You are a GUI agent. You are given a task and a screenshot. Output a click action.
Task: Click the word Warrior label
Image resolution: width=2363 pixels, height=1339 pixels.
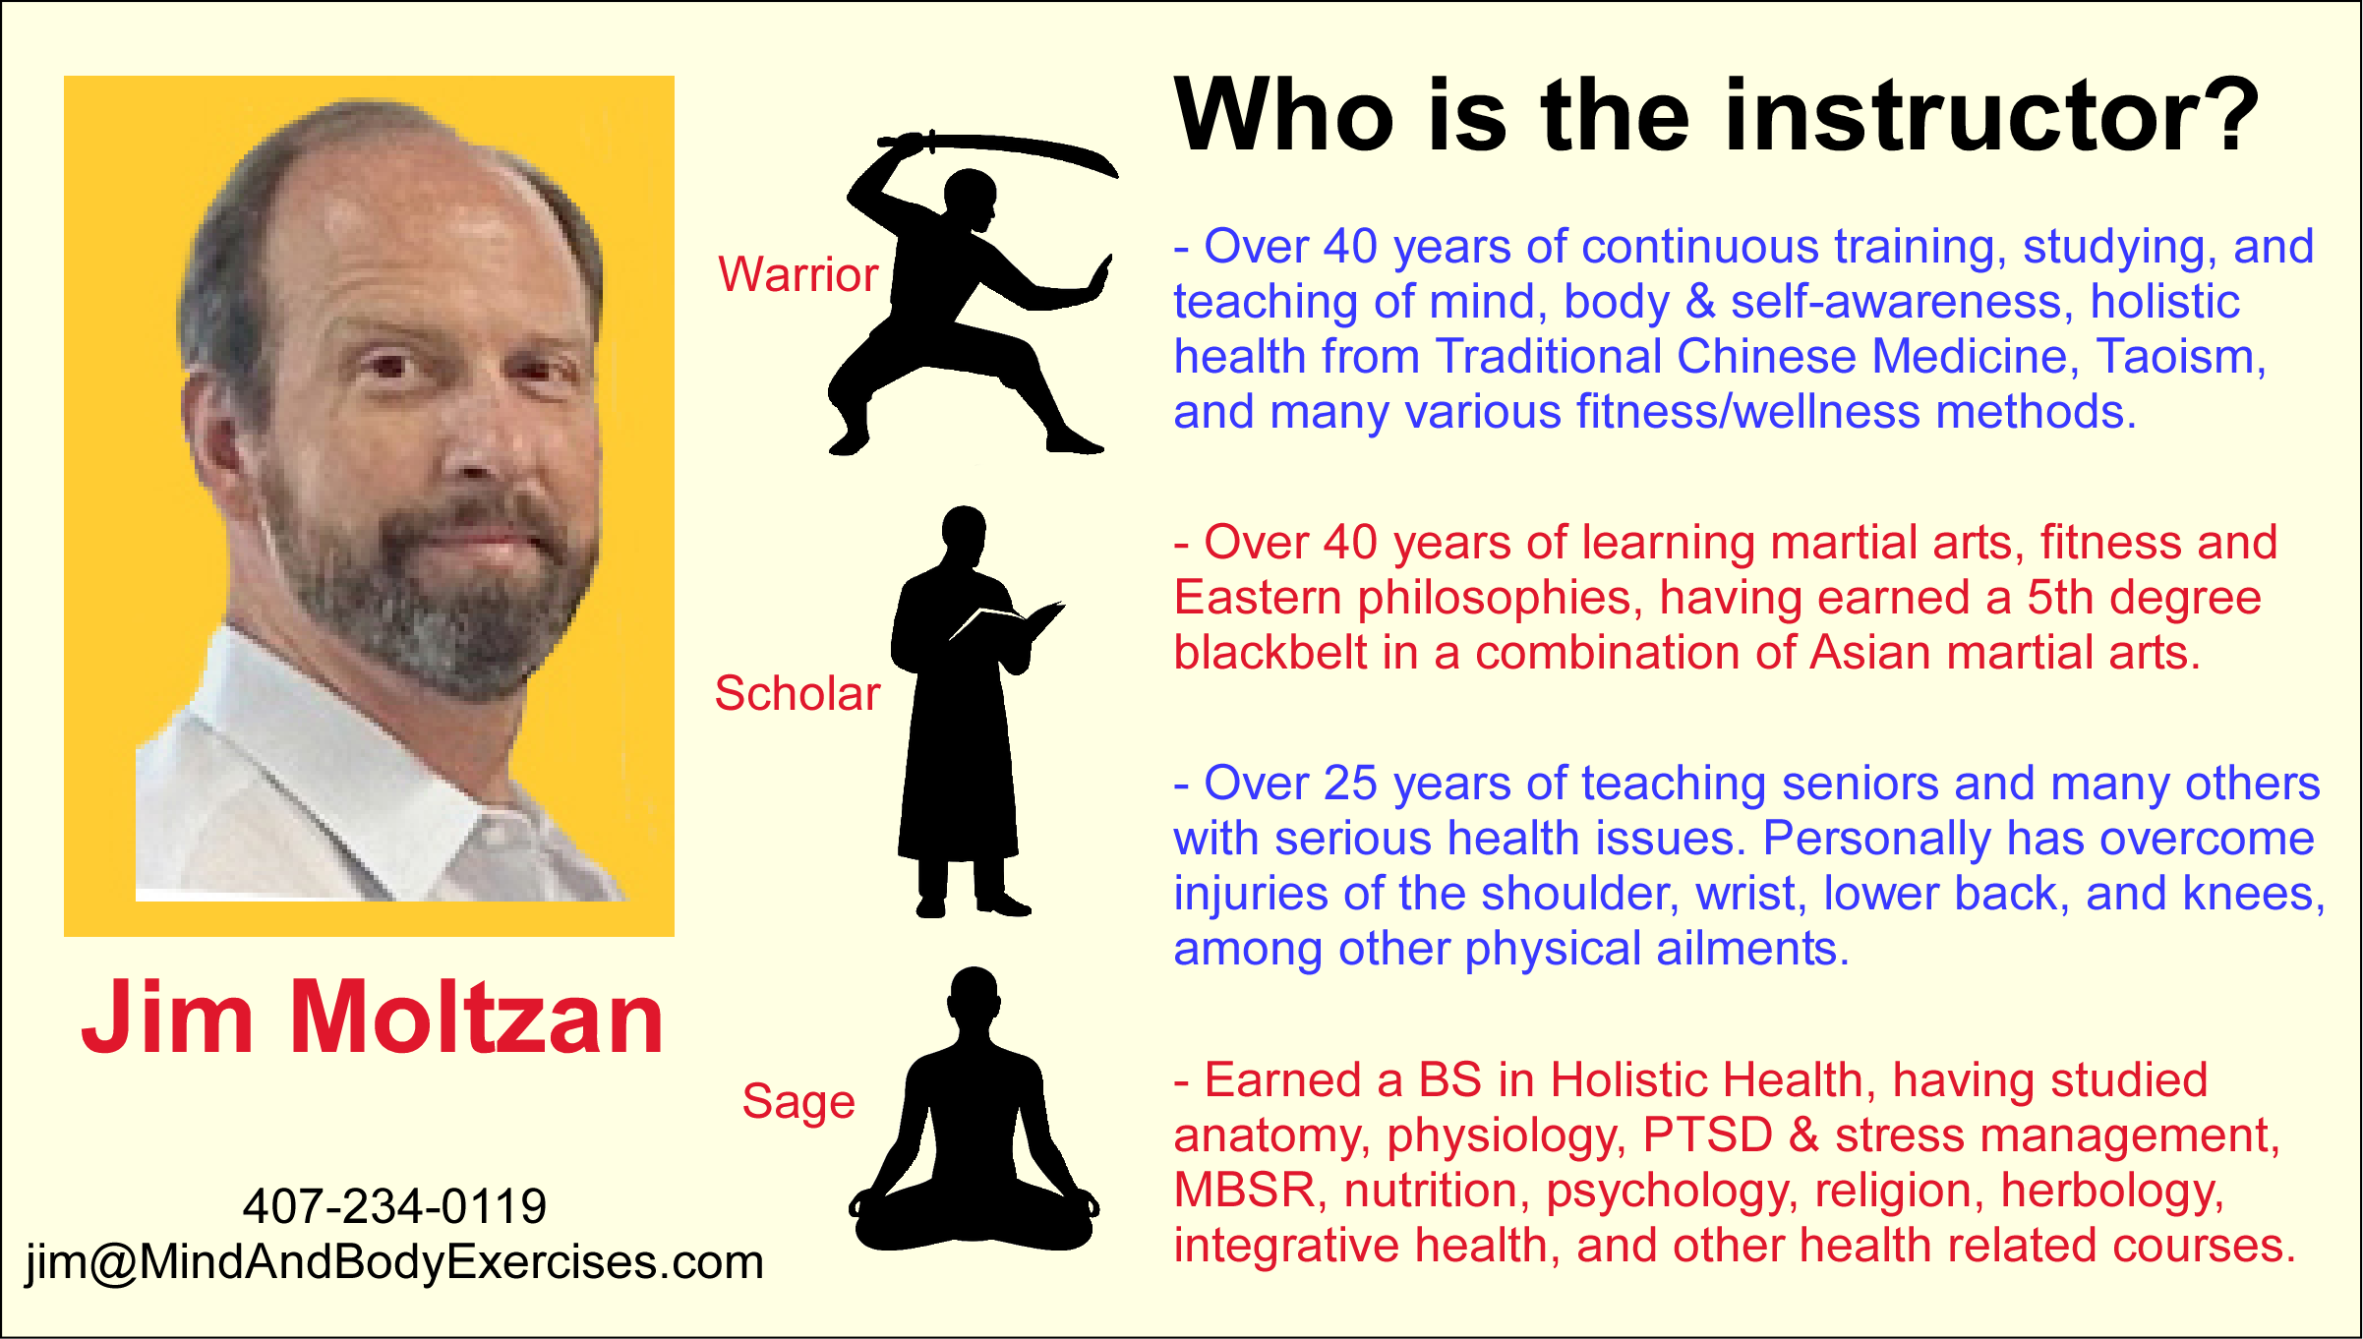point(798,274)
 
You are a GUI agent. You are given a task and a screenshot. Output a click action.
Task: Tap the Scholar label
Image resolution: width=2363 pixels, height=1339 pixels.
point(797,693)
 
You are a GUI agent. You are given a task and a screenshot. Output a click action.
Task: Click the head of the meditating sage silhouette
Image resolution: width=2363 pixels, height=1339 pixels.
point(974,995)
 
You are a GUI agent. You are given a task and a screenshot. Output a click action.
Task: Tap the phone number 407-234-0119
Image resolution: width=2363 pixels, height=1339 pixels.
point(394,1205)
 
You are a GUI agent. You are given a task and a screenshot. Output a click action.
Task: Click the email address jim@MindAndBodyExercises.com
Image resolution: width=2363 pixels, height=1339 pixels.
point(394,1262)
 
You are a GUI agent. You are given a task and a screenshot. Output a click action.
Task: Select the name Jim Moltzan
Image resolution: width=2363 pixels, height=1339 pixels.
point(373,1018)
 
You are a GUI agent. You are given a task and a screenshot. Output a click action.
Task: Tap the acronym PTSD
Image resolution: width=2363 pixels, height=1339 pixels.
point(1707,1135)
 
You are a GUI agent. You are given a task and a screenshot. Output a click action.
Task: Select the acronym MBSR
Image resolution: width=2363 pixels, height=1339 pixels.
point(1244,1191)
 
